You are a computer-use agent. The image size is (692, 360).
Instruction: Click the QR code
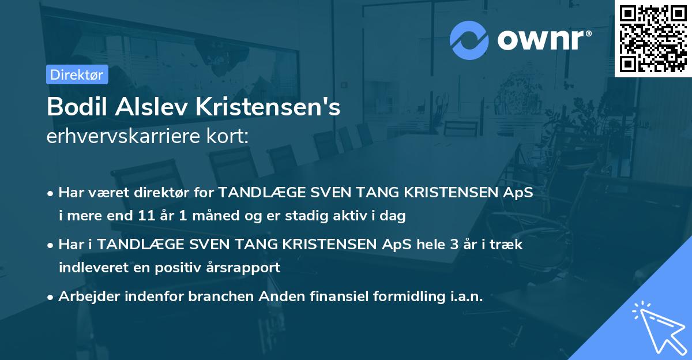[x=653, y=38]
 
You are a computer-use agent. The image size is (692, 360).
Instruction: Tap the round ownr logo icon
[x=469, y=40]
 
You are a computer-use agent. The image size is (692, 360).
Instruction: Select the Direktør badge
[x=77, y=74]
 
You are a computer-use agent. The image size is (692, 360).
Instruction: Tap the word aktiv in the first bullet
[x=364, y=216]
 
